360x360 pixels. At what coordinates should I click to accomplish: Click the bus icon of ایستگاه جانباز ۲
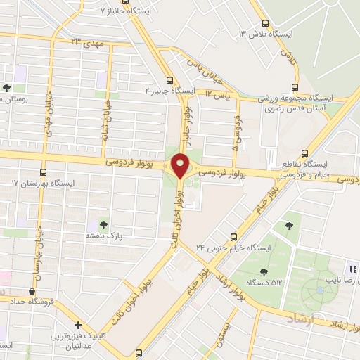(169, 80)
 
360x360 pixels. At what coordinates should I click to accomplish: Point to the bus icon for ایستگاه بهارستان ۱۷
(43, 172)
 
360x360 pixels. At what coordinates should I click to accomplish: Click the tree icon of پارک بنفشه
(104, 225)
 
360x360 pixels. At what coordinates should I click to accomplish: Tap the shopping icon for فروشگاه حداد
(31, 291)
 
